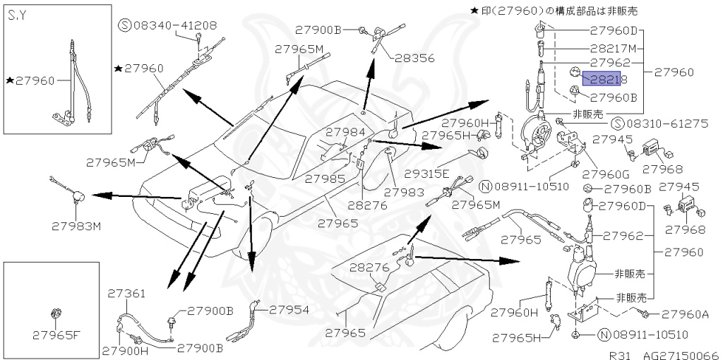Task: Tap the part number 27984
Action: (345, 132)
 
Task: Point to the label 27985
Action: (325, 179)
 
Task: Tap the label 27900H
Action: (124, 349)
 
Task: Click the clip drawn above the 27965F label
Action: (54, 313)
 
